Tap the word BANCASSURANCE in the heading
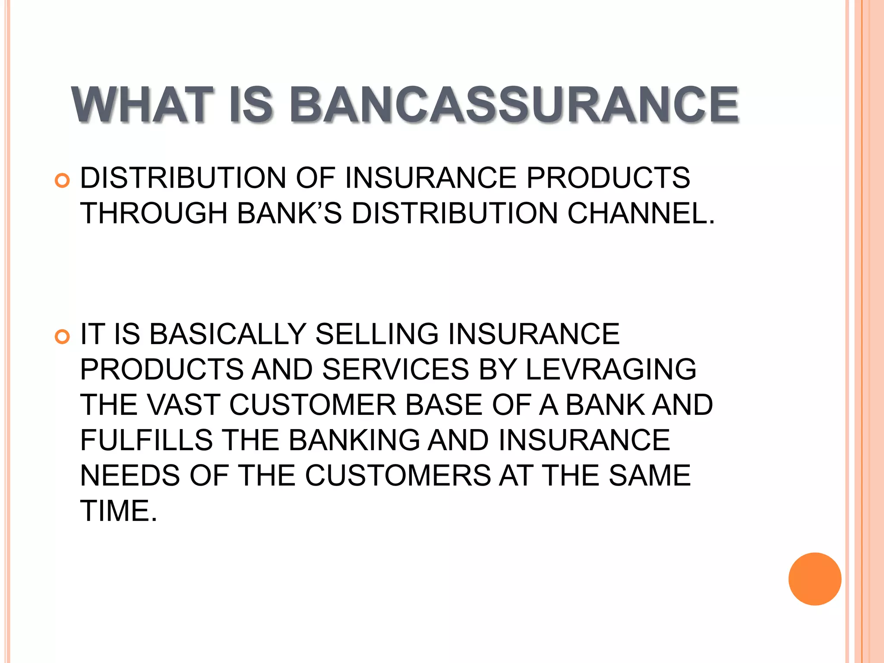coord(514,105)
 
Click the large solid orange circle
coord(815,579)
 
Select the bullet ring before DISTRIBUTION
coord(63,180)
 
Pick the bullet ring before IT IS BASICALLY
coord(63,337)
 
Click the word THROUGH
coord(154,213)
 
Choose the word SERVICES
coord(395,369)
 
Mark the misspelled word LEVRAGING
coord(610,369)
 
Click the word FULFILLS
coord(146,440)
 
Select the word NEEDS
coord(130,476)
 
